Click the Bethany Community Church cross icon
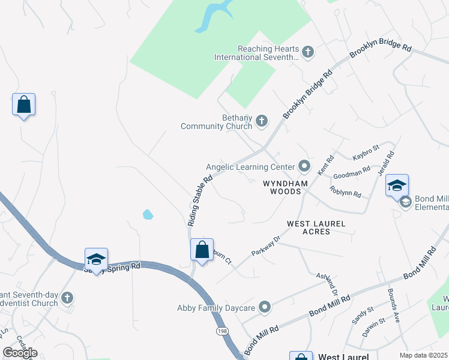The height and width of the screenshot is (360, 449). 261,121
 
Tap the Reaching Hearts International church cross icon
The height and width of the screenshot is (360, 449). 308,52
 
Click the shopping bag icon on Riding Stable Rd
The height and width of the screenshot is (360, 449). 202,249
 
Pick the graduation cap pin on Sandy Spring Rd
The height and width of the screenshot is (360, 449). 96,259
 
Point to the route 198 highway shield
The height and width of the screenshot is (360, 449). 223,331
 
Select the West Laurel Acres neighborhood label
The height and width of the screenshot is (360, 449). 316,227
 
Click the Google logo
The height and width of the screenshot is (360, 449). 20,353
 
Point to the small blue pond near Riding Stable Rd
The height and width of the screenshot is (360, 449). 148,214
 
